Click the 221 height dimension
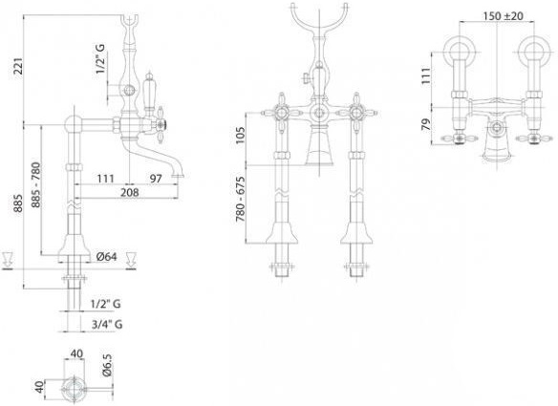pos(18,66)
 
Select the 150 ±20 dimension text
pos(504,15)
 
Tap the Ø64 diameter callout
pos(106,256)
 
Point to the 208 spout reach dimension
pos(130,193)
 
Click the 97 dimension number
pos(156,179)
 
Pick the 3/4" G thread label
pos(107,324)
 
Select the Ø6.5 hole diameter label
pos(107,365)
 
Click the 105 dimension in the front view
pos(241,135)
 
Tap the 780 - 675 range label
pos(241,200)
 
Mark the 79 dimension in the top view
pos(426,124)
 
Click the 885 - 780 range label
pos(35,184)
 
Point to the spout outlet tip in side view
pos(178,175)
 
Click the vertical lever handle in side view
pos(148,92)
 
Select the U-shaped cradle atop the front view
pos(319,24)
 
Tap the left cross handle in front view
pos(282,113)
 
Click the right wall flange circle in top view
pos(534,53)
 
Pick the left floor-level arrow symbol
pos(8,261)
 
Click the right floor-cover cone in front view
pos(356,233)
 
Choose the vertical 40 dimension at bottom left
pos(40,387)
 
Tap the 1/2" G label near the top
pos(100,59)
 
